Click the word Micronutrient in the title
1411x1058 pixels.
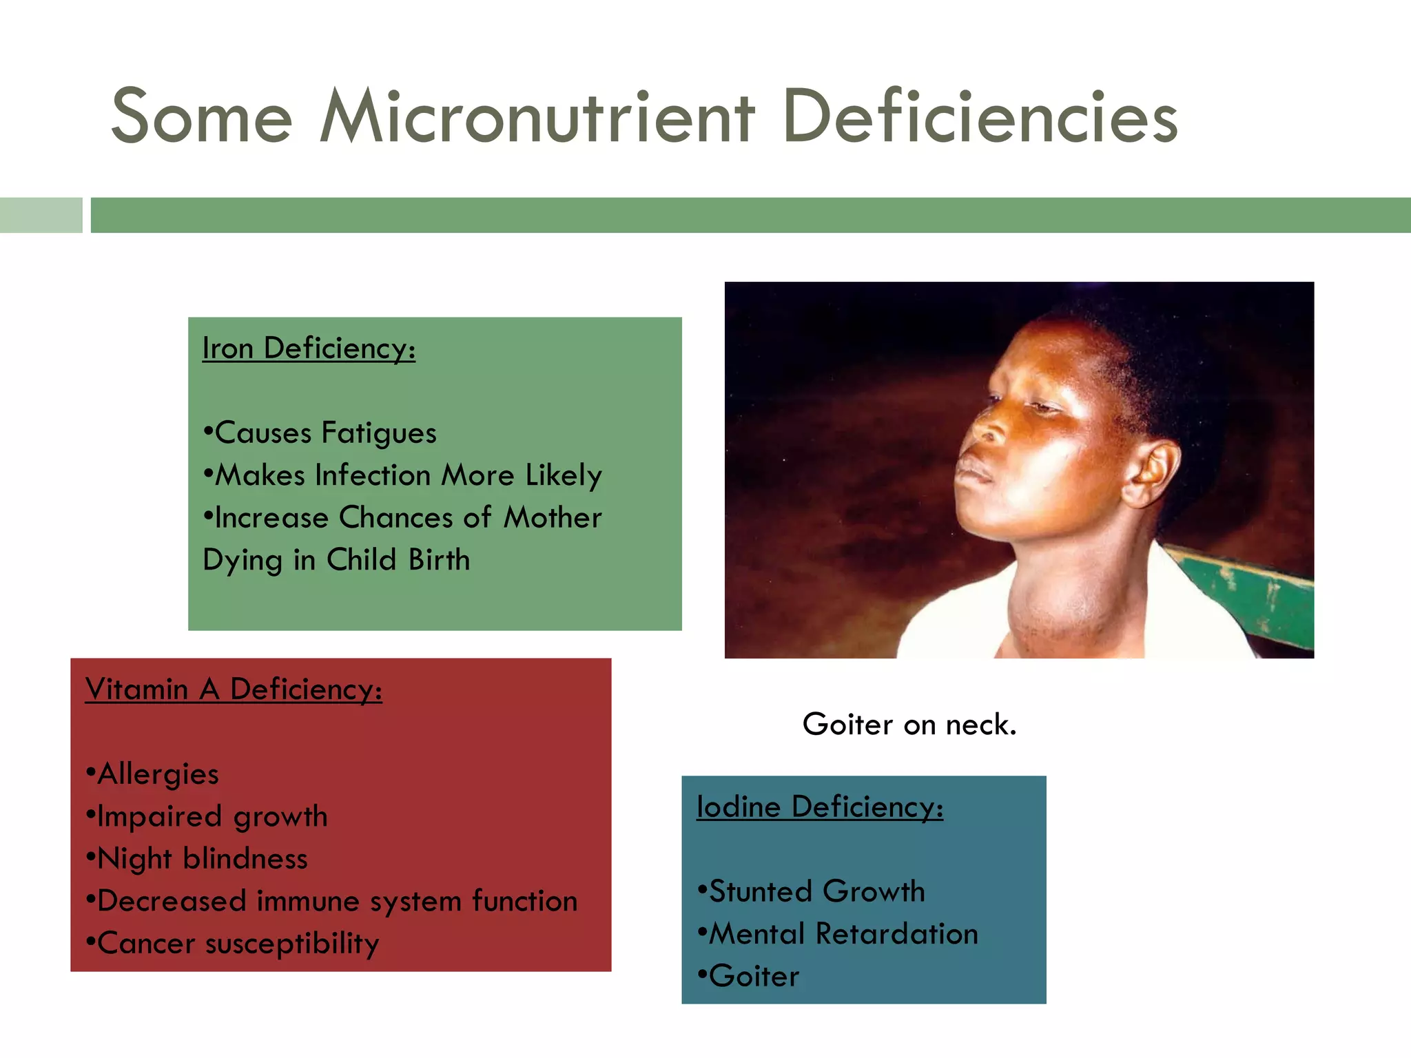coord(537,117)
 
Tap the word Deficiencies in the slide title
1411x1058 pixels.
coord(980,117)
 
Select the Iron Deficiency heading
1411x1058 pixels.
coord(309,349)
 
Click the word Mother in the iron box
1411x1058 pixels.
coord(553,518)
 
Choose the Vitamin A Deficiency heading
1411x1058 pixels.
coord(234,689)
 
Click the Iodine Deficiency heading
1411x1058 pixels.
coord(820,807)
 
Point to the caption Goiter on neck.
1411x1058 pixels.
coord(909,725)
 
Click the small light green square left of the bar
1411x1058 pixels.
coord(41,215)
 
